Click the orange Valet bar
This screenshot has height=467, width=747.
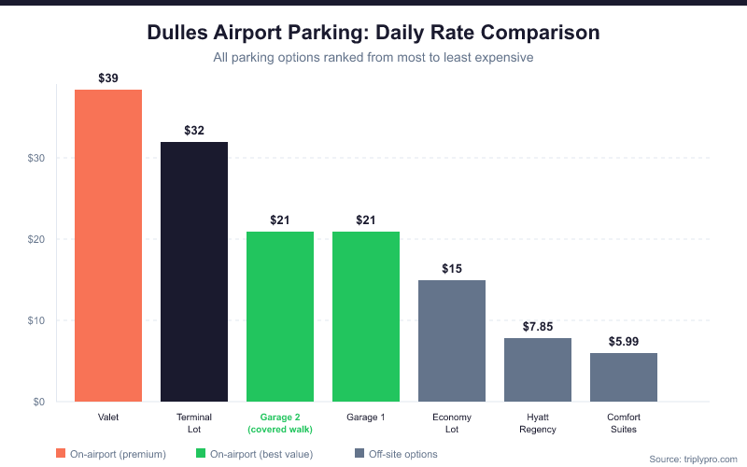click(x=108, y=245)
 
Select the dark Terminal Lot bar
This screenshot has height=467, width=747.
click(x=194, y=271)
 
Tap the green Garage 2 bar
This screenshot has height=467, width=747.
click(x=280, y=316)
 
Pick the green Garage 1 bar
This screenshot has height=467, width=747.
click(x=366, y=316)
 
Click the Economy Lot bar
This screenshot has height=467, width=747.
click(x=452, y=340)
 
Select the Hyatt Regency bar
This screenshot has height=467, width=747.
click(x=538, y=369)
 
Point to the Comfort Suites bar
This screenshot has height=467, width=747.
click(x=624, y=376)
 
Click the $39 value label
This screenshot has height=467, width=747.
click(x=108, y=78)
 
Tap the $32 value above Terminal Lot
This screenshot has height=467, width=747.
click(x=194, y=131)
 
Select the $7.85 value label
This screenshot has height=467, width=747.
click(x=538, y=327)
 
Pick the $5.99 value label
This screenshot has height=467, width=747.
click(x=624, y=342)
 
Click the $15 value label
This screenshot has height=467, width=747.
click(x=452, y=269)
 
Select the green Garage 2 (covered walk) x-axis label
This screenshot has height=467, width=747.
click(x=280, y=423)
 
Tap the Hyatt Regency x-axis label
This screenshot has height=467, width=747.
click(x=538, y=423)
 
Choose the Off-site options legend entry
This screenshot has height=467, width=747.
click(x=396, y=454)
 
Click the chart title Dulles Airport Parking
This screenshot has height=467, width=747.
click(x=373, y=32)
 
